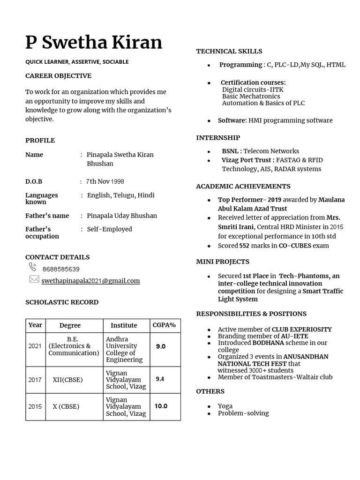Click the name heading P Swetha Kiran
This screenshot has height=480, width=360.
point(94,42)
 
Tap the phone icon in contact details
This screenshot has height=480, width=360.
point(33,267)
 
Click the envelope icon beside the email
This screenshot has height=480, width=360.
point(34,279)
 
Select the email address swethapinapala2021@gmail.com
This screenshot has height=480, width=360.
point(90,281)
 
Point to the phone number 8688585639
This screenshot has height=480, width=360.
point(61,270)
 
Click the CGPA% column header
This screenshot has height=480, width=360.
point(164,325)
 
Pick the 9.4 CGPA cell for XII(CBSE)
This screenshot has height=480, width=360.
point(160,379)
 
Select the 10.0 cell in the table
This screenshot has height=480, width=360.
point(161,406)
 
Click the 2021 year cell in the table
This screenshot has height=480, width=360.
point(35,346)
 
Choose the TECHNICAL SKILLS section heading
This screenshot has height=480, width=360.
point(229,51)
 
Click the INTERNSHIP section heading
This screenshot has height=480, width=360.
point(218,138)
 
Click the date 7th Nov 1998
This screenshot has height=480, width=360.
point(105,181)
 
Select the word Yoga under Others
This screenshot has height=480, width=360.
point(225,406)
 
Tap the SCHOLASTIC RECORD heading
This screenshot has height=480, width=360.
point(62,302)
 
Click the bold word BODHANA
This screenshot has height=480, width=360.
point(268,343)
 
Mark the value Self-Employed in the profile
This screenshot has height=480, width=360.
point(109,229)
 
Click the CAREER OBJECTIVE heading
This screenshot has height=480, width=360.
point(58,76)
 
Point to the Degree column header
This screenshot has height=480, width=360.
point(70,325)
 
